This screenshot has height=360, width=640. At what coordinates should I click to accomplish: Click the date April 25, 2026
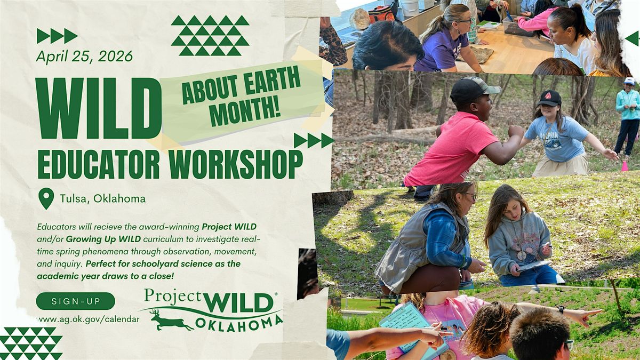click(85, 57)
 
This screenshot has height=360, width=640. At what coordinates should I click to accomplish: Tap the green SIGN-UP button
click(75, 301)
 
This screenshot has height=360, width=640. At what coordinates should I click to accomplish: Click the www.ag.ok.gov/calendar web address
click(89, 319)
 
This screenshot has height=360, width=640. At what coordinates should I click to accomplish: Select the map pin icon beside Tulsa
click(46, 198)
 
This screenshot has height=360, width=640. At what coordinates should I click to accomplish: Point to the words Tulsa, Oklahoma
click(103, 198)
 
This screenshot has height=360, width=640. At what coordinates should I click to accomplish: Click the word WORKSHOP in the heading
click(235, 165)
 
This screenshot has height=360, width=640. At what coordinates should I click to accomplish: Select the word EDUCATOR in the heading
click(99, 165)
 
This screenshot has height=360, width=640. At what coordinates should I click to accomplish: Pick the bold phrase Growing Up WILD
click(103, 239)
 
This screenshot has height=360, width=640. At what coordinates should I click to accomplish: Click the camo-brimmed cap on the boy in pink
click(474, 90)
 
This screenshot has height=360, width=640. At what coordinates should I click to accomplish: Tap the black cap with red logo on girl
click(549, 98)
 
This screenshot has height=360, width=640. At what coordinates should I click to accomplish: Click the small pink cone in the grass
click(625, 166)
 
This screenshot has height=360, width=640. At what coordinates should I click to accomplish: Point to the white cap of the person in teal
click(629, 81)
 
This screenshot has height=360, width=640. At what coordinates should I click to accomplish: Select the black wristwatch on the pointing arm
click(561, 310)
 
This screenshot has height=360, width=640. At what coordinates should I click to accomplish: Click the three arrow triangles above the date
click(57, 36)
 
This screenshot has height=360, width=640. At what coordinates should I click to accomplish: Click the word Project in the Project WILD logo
click(173, 296)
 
